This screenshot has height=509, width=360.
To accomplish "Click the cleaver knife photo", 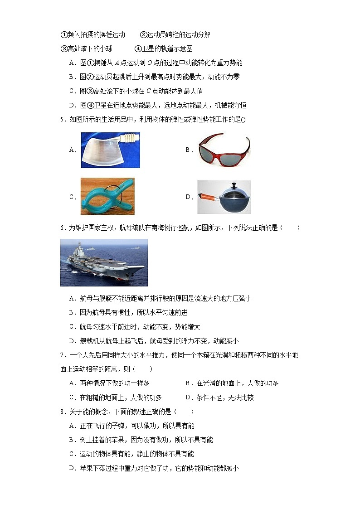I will [x=110, y=150].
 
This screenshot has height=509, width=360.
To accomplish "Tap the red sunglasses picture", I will [x=224, y=150].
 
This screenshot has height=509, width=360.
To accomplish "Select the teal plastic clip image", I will [x=107, y=196].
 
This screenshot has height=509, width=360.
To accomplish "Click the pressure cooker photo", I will [x=224, y=197].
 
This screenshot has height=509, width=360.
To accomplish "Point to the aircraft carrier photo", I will [x=104, y=262].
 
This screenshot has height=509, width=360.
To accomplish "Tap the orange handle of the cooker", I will [x=208, y=197].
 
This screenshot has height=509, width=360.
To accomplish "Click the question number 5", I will [x=62, y=119].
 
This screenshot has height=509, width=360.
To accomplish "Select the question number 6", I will [x=62, y=228].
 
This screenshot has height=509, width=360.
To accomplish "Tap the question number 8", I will [x=62, y=412].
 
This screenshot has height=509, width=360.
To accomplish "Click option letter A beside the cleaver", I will [x=72, y=150].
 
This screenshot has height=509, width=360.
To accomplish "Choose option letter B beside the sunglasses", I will [x=188, y=150].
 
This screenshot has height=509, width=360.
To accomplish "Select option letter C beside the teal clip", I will [x=72, y=197].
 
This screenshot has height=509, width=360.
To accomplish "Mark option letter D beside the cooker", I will [x=188, y=197].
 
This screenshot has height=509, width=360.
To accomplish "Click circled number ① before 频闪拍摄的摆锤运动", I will [x=63, y=35].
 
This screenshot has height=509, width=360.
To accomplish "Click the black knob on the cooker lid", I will [x=234, y=185].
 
